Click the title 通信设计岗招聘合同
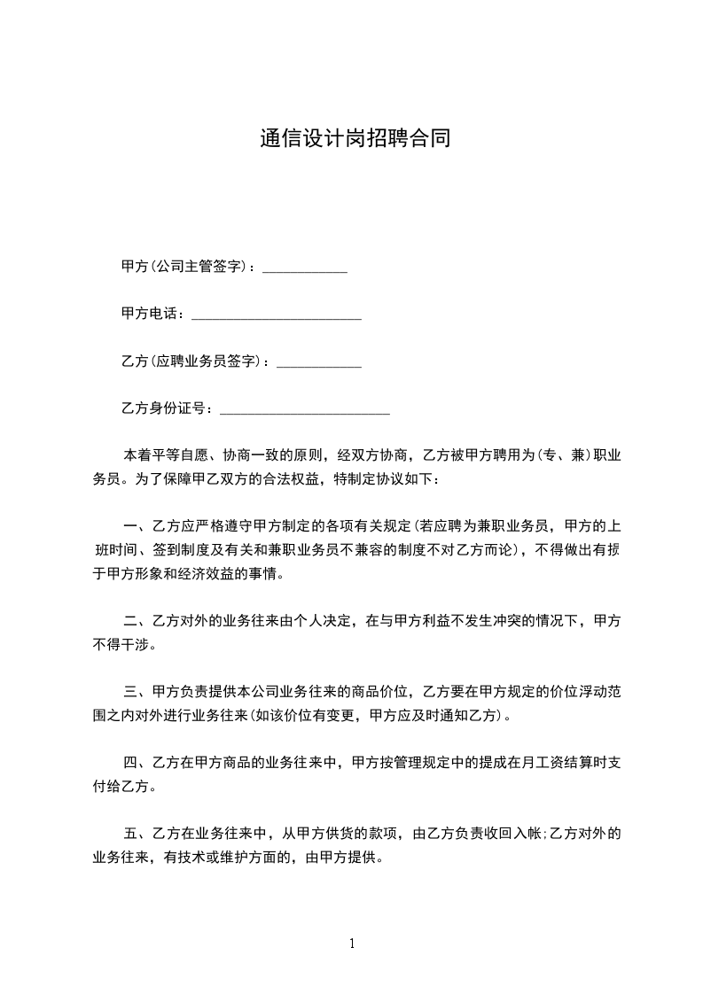pyautogui.click(x=355, y=139)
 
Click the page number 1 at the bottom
pyautogui.click(x=352, y=944)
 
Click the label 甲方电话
pyautogui.click(x=152, y=314)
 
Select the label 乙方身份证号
pyautogui.click(x=165, y=408)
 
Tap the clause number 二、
pyautogui.click(x=136, y=621)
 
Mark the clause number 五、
pyautogui.click(x=136, y=834)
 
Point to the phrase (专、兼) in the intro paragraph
pyautogui.click(x=564, y=455)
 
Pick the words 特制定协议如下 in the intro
pyautogui.click(x=385, y=479)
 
